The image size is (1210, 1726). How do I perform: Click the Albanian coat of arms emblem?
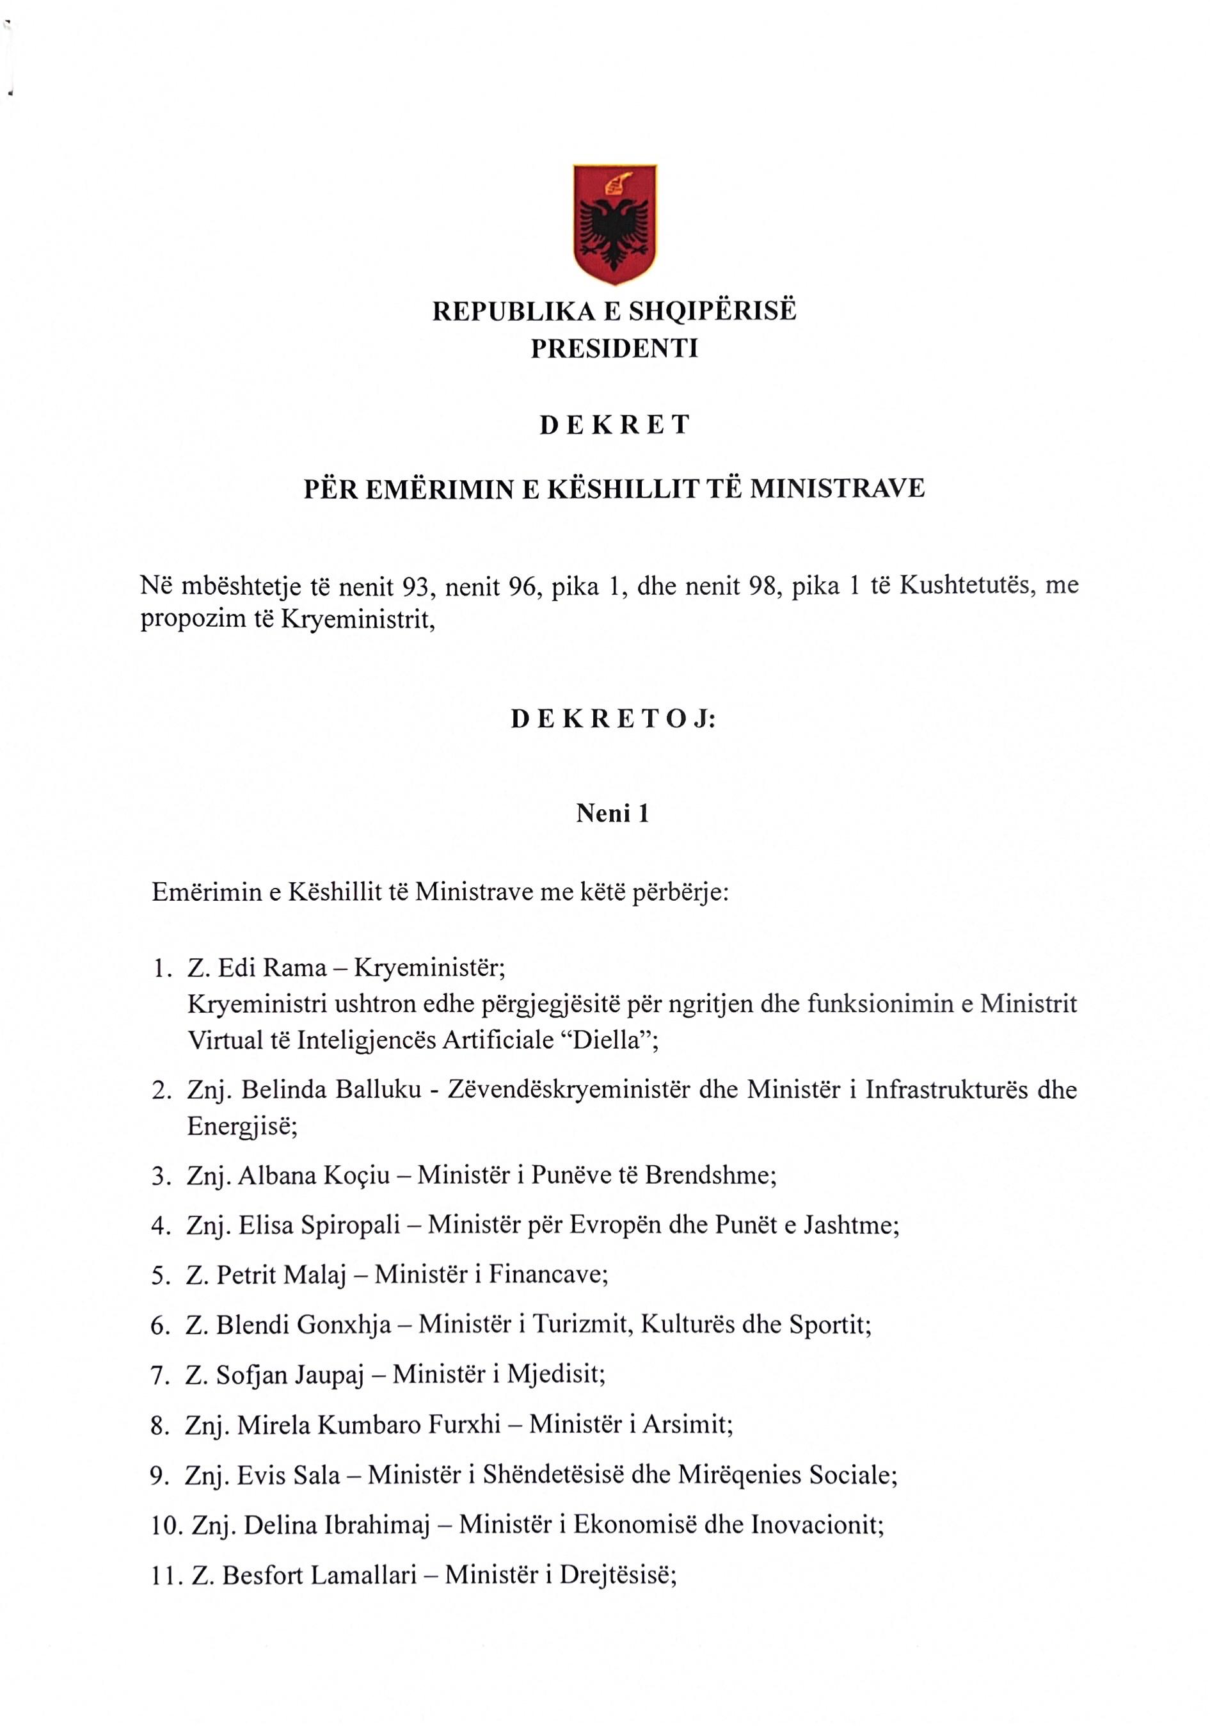coord(615,223)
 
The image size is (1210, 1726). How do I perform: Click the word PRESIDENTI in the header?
coord(614,349)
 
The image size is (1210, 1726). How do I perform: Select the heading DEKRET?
coord(614,426)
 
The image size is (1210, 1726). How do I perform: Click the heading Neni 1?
coord(612,814)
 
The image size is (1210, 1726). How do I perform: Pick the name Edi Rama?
coord(272,967)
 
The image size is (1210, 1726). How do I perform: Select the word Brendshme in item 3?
coord(710,1175)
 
